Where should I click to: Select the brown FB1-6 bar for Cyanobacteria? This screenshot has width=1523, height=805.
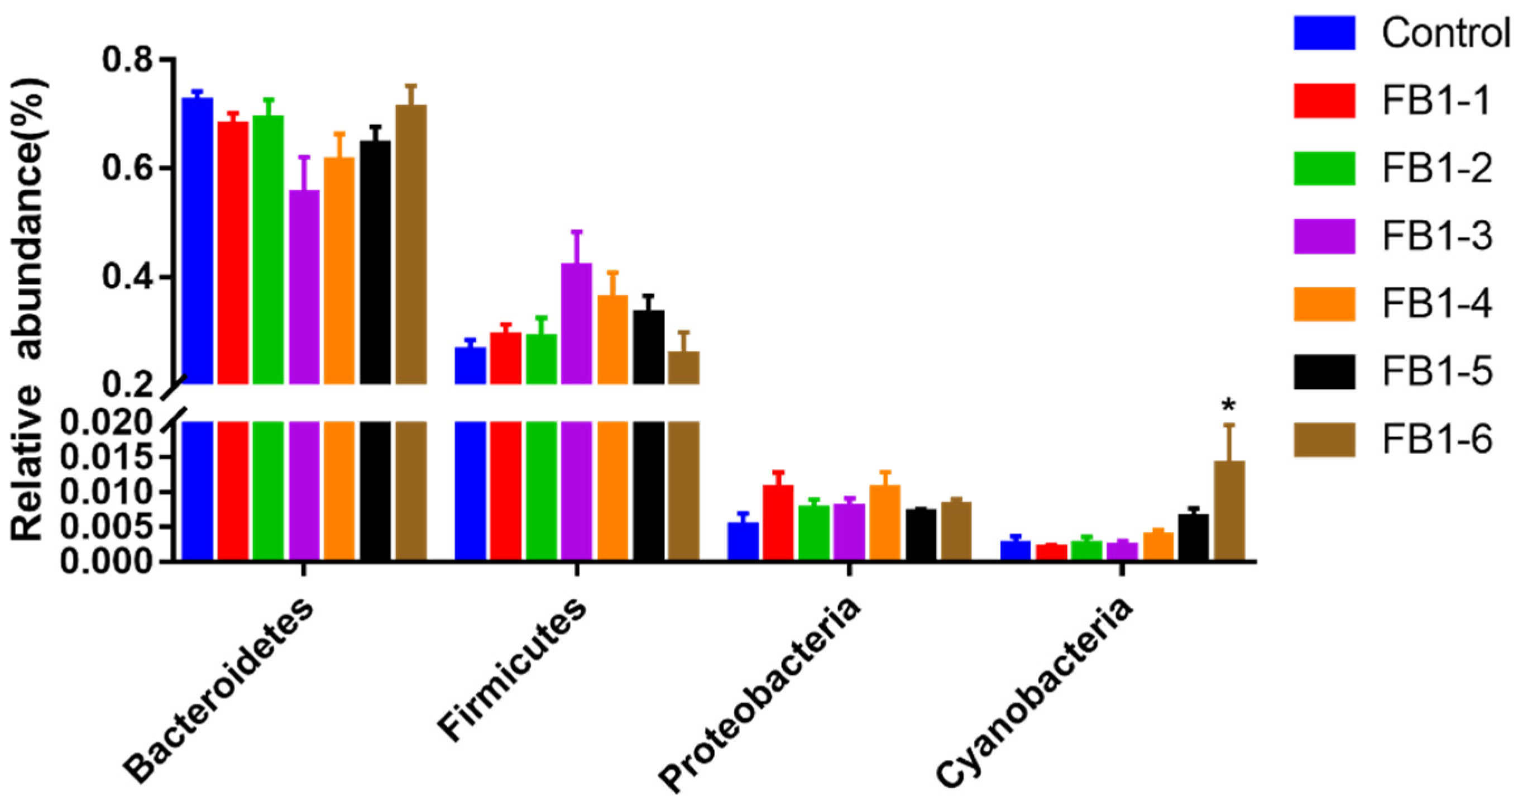pyautogui.click(x=1229, y=511)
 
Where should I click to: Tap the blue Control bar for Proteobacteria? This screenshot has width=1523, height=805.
pyautogui.click(x=743, y=541)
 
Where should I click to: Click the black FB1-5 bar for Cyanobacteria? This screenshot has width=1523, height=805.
pyautogui.click(x=1193, y=537)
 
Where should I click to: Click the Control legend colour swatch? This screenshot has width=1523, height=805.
pyautogui.click(x=1324, y=33)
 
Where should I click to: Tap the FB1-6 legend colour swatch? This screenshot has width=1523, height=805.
pyautogui.click(x=1324, y=440)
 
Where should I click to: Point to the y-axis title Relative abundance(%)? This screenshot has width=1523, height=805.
pyautogui.click(x=27, y=311)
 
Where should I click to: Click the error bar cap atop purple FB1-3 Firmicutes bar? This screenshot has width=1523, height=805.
pyautogui.click(x=577, y=232)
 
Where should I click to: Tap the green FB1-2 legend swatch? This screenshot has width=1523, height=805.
pyautogui.click(x=1324, y=169)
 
